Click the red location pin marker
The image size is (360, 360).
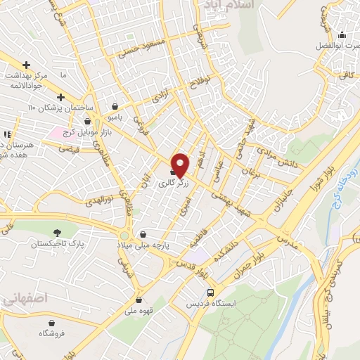click(x=180, y=165)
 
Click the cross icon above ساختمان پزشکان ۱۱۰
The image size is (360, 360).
click(x=60, y=97)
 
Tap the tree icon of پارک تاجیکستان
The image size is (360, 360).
click(x=56, y=232)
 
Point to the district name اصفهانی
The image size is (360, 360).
click(x=20, y=300)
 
